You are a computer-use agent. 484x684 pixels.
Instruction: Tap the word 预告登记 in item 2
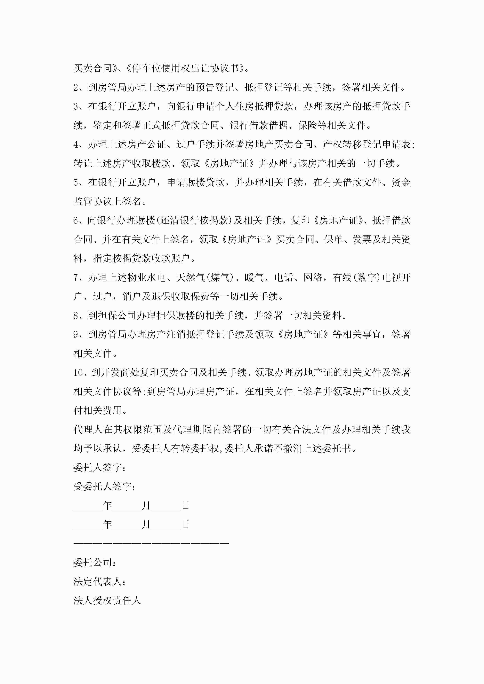tap(214, 88)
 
